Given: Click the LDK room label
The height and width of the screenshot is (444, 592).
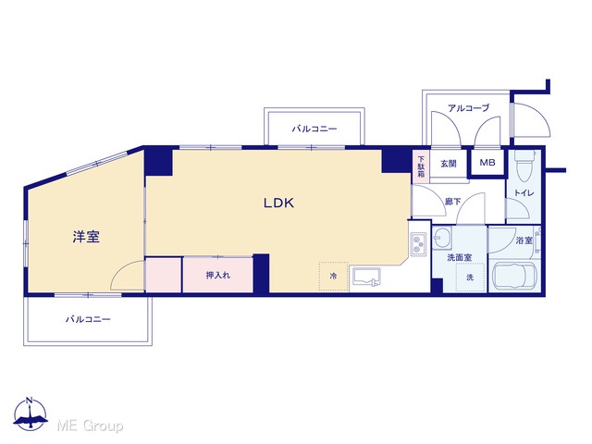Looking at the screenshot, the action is tap(278, 203).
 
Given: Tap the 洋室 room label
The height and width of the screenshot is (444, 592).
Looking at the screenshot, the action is tap(86, 237).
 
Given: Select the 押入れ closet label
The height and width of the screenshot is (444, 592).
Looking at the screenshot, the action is tap(218, 276).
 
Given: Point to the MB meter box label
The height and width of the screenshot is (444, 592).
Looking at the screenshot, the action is tap(487, 163).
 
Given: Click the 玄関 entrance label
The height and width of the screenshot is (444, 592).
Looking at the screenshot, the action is tap(449, 164).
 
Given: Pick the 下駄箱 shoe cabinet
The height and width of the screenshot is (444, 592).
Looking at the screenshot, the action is tap(421, 166).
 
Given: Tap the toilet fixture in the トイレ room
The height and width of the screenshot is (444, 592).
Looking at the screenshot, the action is tap(524, 166).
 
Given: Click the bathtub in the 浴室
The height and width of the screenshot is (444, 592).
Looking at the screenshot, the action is tap(514, 276).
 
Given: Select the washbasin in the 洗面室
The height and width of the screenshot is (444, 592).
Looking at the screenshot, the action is tap(442, 238).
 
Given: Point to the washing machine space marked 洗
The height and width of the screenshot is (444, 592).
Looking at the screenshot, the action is tap(470, 277).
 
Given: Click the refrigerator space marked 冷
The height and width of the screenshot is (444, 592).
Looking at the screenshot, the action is tap(333, 277).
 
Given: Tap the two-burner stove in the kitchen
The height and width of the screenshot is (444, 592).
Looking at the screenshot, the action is tap(418, 244).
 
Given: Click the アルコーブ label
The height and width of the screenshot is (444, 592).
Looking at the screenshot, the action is tap(469, 108).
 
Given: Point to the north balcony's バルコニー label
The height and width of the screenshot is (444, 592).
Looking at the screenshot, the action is tap(314, 129).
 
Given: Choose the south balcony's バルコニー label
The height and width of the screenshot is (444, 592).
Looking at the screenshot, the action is tap(88, 319).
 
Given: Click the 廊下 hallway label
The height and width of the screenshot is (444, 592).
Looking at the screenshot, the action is tap(452, 202).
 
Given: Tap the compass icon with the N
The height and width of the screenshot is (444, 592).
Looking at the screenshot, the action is tap(31, 413).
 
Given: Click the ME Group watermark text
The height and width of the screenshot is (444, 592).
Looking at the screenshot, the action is tap(90, 425).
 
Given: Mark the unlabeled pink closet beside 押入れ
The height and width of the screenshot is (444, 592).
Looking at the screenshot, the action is tap(163, 276).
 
